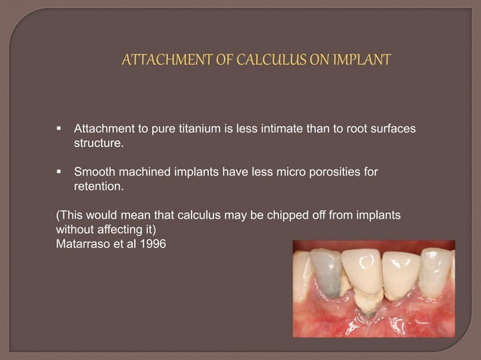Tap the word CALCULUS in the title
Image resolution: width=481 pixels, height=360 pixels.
[x=259, y=59]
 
